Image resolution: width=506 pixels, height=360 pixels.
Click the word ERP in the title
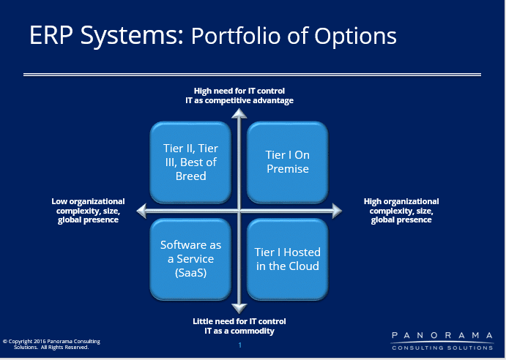pos(51,35)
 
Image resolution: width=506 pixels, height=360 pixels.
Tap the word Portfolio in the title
pos(237,35)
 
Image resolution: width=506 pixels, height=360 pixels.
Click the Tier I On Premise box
pos(288,162)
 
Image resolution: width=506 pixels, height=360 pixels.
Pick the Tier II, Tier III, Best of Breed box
pos(190,162)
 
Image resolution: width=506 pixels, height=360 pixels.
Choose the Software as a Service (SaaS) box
pos(190,259)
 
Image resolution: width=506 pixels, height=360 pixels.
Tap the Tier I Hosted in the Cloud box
pos(288,259)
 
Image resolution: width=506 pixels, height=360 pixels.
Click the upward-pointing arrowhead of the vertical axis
pos(239,113)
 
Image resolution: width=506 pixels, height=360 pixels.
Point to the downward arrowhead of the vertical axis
pos(239,308)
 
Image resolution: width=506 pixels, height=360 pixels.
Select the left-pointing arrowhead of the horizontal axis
pos(141,211)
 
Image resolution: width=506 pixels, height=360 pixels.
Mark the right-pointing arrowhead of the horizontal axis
pos(337,211)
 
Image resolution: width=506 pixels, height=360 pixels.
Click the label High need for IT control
pos(239,91)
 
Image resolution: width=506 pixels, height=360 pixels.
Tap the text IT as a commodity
pos(239,331)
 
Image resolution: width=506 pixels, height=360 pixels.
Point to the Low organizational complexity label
pos(88,211)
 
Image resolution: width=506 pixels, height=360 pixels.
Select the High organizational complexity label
pos(401,211)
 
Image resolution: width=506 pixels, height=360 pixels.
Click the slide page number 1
pos(239,345)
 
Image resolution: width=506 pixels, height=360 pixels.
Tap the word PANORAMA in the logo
pos(442,335)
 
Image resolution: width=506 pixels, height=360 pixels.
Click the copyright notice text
pos(52,344)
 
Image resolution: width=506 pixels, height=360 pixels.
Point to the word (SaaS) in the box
pos(190,273)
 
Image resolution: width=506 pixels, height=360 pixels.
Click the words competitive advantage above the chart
pos(249,101)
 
